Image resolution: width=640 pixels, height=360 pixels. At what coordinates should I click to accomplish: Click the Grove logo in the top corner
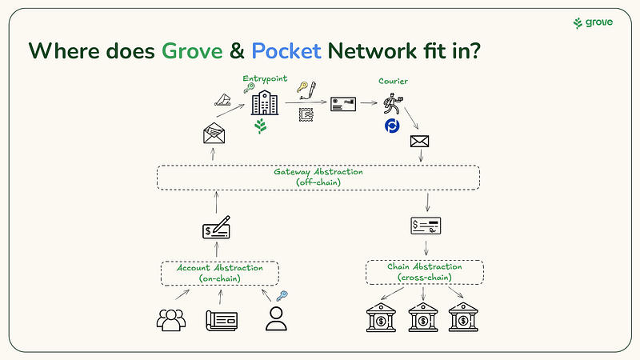pyautogui.click(x=593, y=22)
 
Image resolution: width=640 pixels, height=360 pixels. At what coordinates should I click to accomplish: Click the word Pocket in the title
pyautogui.click(x=286, y=51)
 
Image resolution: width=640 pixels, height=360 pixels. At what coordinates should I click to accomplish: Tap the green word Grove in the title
pyautogui.click(x=192, y=51)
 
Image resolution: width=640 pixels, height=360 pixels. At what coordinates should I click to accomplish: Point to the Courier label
pyautogui.click(x=394, y=81)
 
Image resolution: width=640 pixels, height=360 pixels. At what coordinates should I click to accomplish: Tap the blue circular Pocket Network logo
pyautogui.click(x=392, y=128)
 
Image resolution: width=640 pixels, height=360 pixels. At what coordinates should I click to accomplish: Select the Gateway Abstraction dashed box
pyautogui.click(x=318, y=177)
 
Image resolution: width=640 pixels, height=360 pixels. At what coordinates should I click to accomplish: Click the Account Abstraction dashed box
pyautogui.click(x=219, y=273)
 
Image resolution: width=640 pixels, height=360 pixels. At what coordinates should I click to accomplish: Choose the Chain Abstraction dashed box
pyautogui.click(x=425, y=272)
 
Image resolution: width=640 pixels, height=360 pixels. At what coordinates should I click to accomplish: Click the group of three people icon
pyautogui.click(x=171, y=319)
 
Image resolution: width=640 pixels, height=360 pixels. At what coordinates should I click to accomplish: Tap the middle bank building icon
pyautogui.click(x=424, y=318)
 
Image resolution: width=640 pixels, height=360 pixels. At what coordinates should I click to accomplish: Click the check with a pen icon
pyautogui.click(x=218, y=229)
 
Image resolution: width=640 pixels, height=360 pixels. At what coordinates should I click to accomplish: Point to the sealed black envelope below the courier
pyautogui.click(x=421, y=142)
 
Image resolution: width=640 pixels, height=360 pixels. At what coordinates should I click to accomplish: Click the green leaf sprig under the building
pyautogui.click(x=262, y=126)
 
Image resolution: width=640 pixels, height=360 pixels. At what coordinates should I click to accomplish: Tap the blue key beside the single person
pyautogui.click(x=281, y=297)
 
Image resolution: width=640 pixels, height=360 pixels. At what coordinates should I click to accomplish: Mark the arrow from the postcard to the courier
pyautogui.click(x=367, y=103)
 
